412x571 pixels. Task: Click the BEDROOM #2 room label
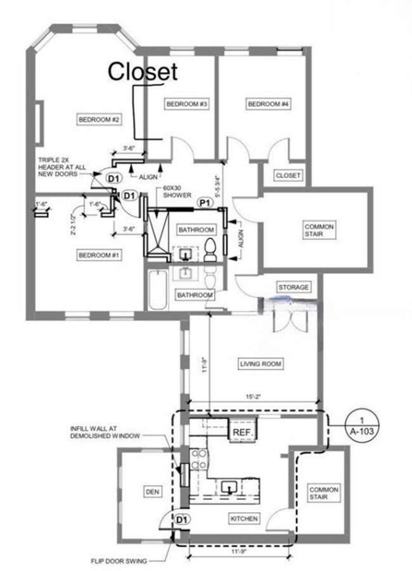point(99,119)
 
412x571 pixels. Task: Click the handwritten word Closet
point(143,72)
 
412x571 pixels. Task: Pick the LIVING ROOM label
point(261,364)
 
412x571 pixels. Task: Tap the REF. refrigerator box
point(243,433)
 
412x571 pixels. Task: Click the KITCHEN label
point(244,519)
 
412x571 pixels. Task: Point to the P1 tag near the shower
point(205,202)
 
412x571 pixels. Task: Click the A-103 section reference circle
point(362,424)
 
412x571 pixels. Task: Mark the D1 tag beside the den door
point(182,520)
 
